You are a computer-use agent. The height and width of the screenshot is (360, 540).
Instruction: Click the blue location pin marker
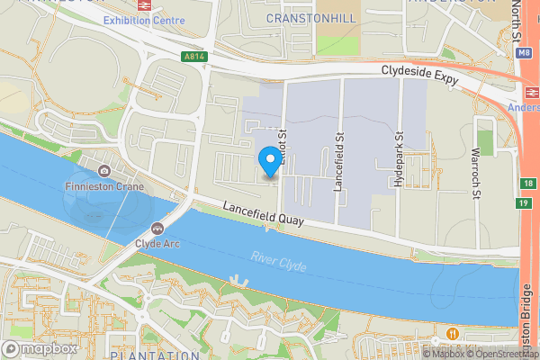click(x=268, y=162)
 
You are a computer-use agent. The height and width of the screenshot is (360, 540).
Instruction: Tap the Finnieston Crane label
click(x=104, y=186)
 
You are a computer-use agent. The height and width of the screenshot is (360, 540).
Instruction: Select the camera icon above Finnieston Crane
click(x=104, y=171)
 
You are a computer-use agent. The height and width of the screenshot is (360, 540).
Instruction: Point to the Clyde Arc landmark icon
click(x=158, y=229)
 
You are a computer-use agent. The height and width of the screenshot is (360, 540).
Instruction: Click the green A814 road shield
click(x=193, y=56)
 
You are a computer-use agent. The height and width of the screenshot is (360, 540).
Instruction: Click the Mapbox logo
click(x=40, y=348)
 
